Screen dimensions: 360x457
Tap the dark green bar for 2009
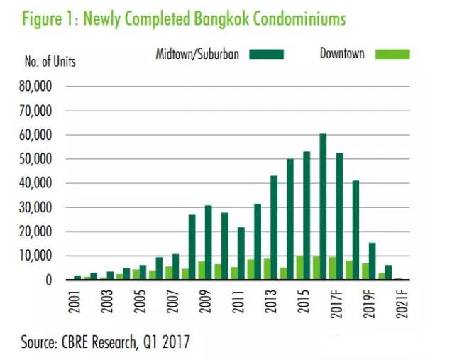(208, 242)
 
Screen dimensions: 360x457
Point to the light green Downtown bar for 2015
(299, 268)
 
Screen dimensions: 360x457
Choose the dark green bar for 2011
(241, 253)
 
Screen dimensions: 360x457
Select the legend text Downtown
(343, 54)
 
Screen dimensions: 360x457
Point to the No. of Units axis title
(50, 61)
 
